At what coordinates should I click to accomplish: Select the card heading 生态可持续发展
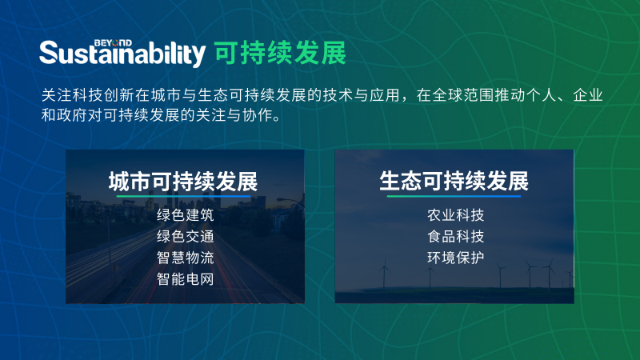coord(454,180)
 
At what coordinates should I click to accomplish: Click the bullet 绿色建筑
coord(185,216)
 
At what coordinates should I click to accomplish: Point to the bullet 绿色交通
coord(185,237)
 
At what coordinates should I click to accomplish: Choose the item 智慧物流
coord(185,258)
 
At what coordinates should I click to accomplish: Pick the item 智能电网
coord(185,279)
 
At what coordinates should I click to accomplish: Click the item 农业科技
coord(455,216)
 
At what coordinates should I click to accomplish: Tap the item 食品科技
coord(455,237)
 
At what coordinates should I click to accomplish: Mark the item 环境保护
coord(455,258)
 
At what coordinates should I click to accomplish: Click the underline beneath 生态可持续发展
coord(454,196)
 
